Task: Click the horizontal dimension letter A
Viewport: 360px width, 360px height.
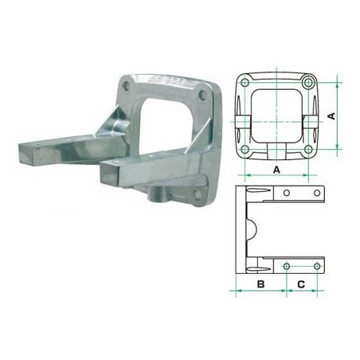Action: [276, 169]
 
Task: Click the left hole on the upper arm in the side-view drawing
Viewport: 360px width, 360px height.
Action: [286, 194]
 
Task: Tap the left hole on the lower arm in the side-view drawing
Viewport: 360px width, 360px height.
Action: [286, 264]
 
